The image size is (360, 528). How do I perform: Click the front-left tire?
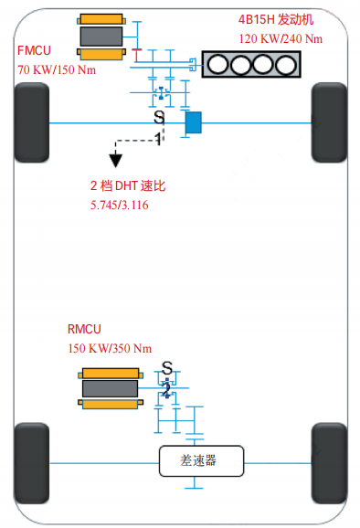click(x=32, y=122)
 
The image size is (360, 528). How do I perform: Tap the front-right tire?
click(x=329, y=122)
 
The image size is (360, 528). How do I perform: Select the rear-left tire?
click(x=32, y=463)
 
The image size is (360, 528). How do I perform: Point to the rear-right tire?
click(x=329, y=463)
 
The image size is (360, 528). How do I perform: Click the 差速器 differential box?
click(x=201, y=461)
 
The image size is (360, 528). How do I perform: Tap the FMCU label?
click(x=34, y=50)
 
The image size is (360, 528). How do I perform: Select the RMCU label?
click(x=84, y=329)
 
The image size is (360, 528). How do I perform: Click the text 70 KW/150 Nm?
click(x=57, y=70)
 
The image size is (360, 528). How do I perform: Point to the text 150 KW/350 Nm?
click(x=110, y=348)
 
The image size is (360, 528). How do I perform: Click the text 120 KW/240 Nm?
click(x=281, y=38)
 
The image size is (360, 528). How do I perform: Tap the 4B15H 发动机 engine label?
click(x=276, y=19)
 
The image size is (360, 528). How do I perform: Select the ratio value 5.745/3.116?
click(x=119, y=205)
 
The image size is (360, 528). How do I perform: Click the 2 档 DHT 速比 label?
click(x=128, y=185)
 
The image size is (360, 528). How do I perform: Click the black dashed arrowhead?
click(x=115, y=160)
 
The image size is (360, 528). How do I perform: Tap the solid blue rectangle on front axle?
click(x=194, y=122)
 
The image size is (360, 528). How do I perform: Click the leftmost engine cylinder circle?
click(x=217, y=64)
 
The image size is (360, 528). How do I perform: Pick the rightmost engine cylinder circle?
click(x=286, y=64)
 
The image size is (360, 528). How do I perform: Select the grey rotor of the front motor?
click(x=101, y=37)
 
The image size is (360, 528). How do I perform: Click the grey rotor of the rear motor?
click(x=111, y=389)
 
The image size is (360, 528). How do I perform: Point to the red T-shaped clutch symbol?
click(x=136, y=56)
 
